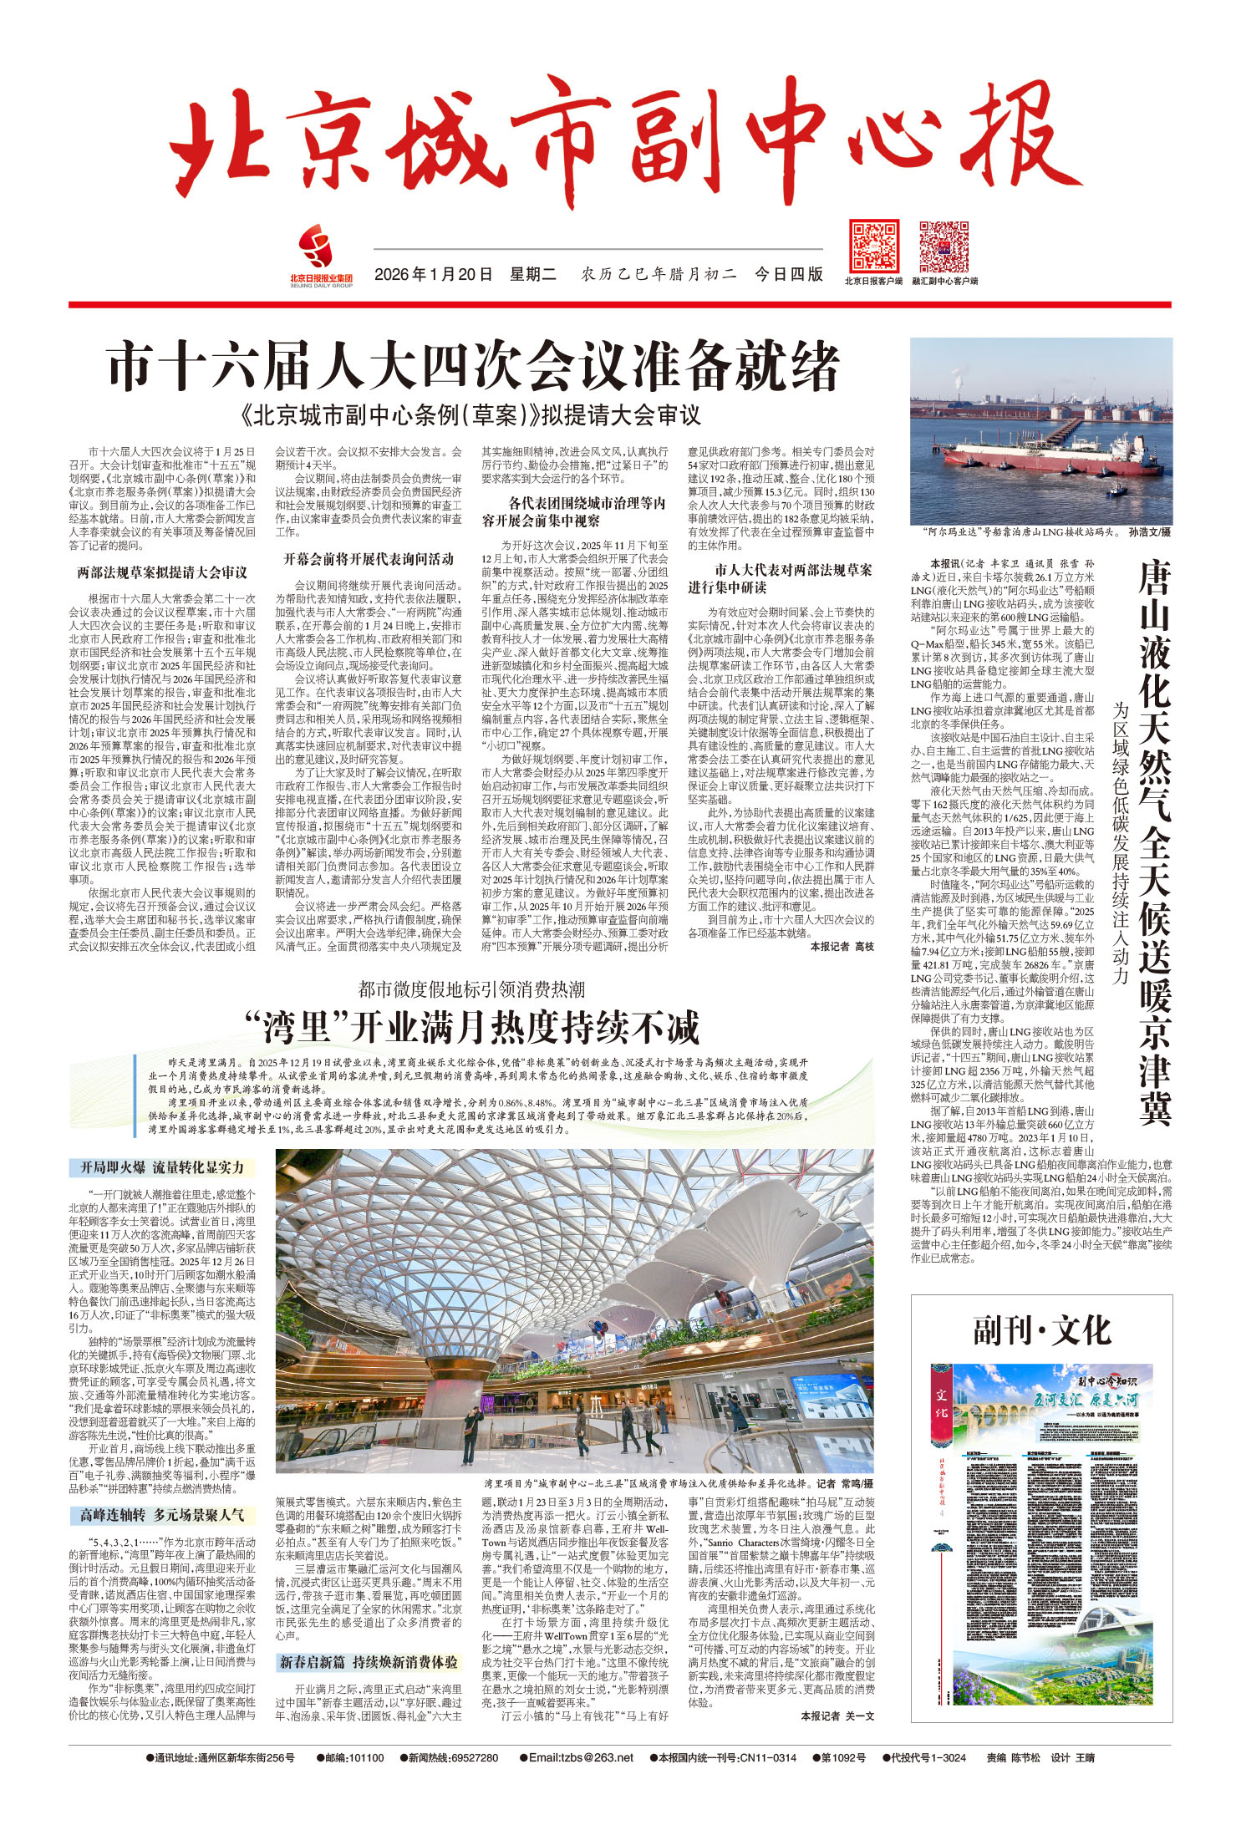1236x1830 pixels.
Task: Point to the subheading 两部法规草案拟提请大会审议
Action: coord(162,572)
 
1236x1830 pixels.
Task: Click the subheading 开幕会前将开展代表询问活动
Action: coord(369,558)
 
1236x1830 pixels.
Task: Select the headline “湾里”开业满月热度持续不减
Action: coord(472,1027)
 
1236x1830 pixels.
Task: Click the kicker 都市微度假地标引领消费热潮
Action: coord(472,989)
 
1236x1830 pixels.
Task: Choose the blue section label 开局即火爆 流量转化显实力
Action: coord(161,1167)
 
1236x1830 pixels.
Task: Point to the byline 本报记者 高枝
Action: coord(842,947)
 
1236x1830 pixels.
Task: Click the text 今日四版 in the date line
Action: coord(788,274)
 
